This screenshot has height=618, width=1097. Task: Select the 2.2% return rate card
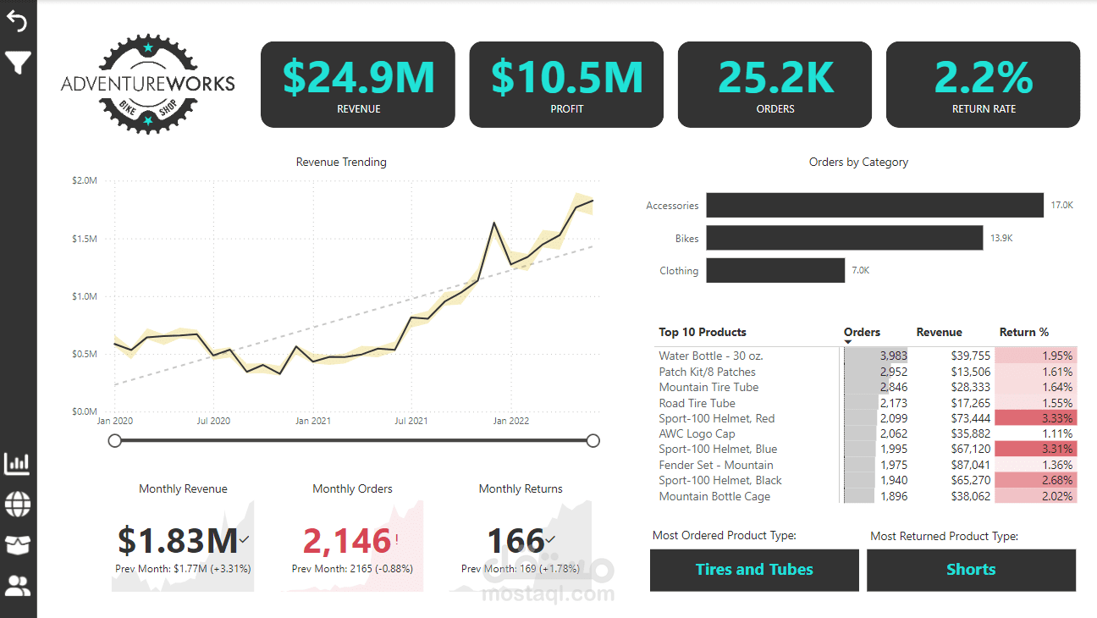[983, 85]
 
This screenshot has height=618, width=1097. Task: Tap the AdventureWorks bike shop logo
[148, 84]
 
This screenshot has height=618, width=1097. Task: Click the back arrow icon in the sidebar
[18, 21]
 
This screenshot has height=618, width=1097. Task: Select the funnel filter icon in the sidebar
[18, 62]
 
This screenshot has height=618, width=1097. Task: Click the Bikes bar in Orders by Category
[844, 238]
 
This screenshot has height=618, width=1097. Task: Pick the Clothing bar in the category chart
[775, 271]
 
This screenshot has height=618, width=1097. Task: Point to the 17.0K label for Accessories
[1062, 206]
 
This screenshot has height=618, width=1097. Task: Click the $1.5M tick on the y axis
[84, 239]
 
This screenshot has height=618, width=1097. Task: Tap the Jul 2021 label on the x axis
[411, 421]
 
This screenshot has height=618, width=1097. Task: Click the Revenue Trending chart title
[341, 162]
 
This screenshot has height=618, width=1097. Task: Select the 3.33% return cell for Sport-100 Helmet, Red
[1034, 418]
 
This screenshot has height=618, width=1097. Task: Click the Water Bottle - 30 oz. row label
[711, 356]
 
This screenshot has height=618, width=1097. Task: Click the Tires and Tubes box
[753, 570]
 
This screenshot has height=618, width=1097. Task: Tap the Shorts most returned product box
[971, 570]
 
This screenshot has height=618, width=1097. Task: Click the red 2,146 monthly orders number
[347, 540]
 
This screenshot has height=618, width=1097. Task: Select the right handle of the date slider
[593, 440]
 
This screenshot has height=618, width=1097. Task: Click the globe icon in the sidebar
[18, 505]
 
